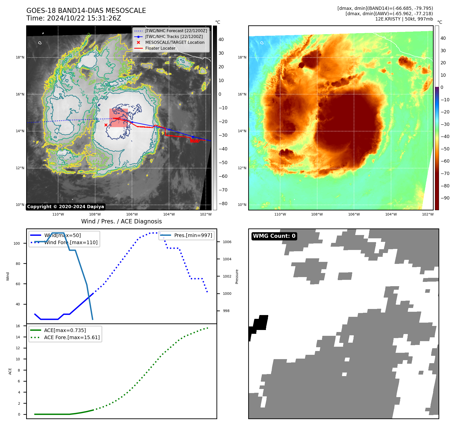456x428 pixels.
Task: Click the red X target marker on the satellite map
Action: coord(106,125)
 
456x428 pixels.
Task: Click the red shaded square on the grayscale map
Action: coord(119,118)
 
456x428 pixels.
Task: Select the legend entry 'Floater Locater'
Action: coord(160,48)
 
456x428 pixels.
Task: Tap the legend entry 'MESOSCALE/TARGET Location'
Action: coord(175,43)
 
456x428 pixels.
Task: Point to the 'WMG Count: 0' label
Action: coord(274,236)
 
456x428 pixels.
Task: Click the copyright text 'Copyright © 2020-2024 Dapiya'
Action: coord(65,207)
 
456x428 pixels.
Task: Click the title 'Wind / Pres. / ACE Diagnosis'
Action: coord(121,221)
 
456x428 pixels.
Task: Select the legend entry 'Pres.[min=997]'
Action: coord(193,235)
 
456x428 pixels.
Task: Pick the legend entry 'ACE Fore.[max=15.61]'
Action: coord(72,337)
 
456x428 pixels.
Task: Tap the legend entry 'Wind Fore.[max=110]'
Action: coord(71,242)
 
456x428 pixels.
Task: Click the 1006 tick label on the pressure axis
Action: coord(227,242)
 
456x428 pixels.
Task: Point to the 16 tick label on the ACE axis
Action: coord(18,326)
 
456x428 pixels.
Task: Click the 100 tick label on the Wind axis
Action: coord(17,243)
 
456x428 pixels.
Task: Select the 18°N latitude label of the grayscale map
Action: coord(20,57)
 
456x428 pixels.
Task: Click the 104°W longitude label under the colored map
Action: coord(391,214)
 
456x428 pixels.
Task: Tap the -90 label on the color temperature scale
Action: coord(445,198)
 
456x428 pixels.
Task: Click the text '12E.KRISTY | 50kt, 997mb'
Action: coord(404,19)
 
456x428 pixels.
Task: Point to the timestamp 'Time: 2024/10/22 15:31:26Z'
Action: coord(74,18)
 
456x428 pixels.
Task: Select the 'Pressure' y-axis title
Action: coord(237,277)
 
